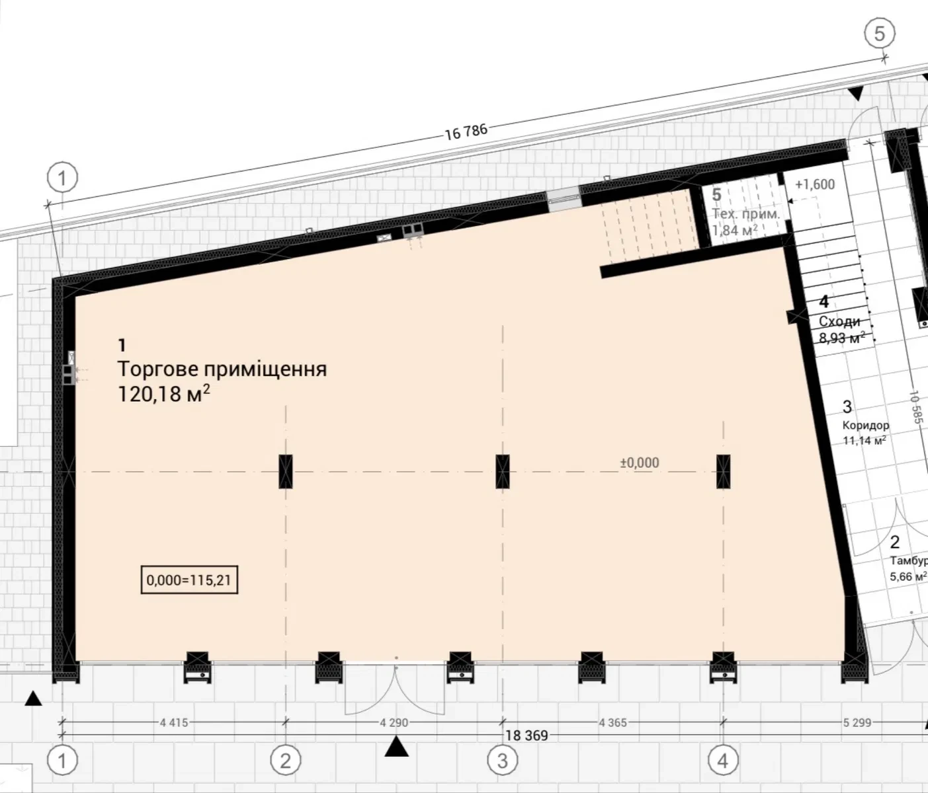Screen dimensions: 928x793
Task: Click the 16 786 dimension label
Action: (x=466, y=132)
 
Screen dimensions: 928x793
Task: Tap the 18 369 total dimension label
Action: (x=527, y=736)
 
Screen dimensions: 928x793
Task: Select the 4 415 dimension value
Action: (x=174, y=722)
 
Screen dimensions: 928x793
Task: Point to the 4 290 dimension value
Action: (x=394, y=722)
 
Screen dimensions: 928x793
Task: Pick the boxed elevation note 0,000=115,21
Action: (x=189, y=580)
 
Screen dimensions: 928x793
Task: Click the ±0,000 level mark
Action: (x=640, y=463)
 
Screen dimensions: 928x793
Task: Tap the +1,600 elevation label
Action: (x=814, y=184)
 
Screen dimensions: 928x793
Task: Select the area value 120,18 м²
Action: (x=164, y=394)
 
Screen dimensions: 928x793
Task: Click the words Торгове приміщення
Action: (x=222, y=369)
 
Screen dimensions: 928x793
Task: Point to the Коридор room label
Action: (x=866, y=425)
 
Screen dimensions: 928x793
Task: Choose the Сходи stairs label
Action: (x=839, y=321)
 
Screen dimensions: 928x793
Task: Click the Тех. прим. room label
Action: (x=746, y=214)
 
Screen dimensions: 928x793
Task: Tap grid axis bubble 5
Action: (x=880, y=33)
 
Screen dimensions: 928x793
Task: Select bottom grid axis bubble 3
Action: (x=503, y=760)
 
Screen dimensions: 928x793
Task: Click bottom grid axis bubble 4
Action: (x=723, y=760)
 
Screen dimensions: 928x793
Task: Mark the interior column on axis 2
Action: (x=286, y=471)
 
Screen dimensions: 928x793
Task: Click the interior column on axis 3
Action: (x=503, y=471)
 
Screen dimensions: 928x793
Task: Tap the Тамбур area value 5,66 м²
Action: (x=908, y=576)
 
